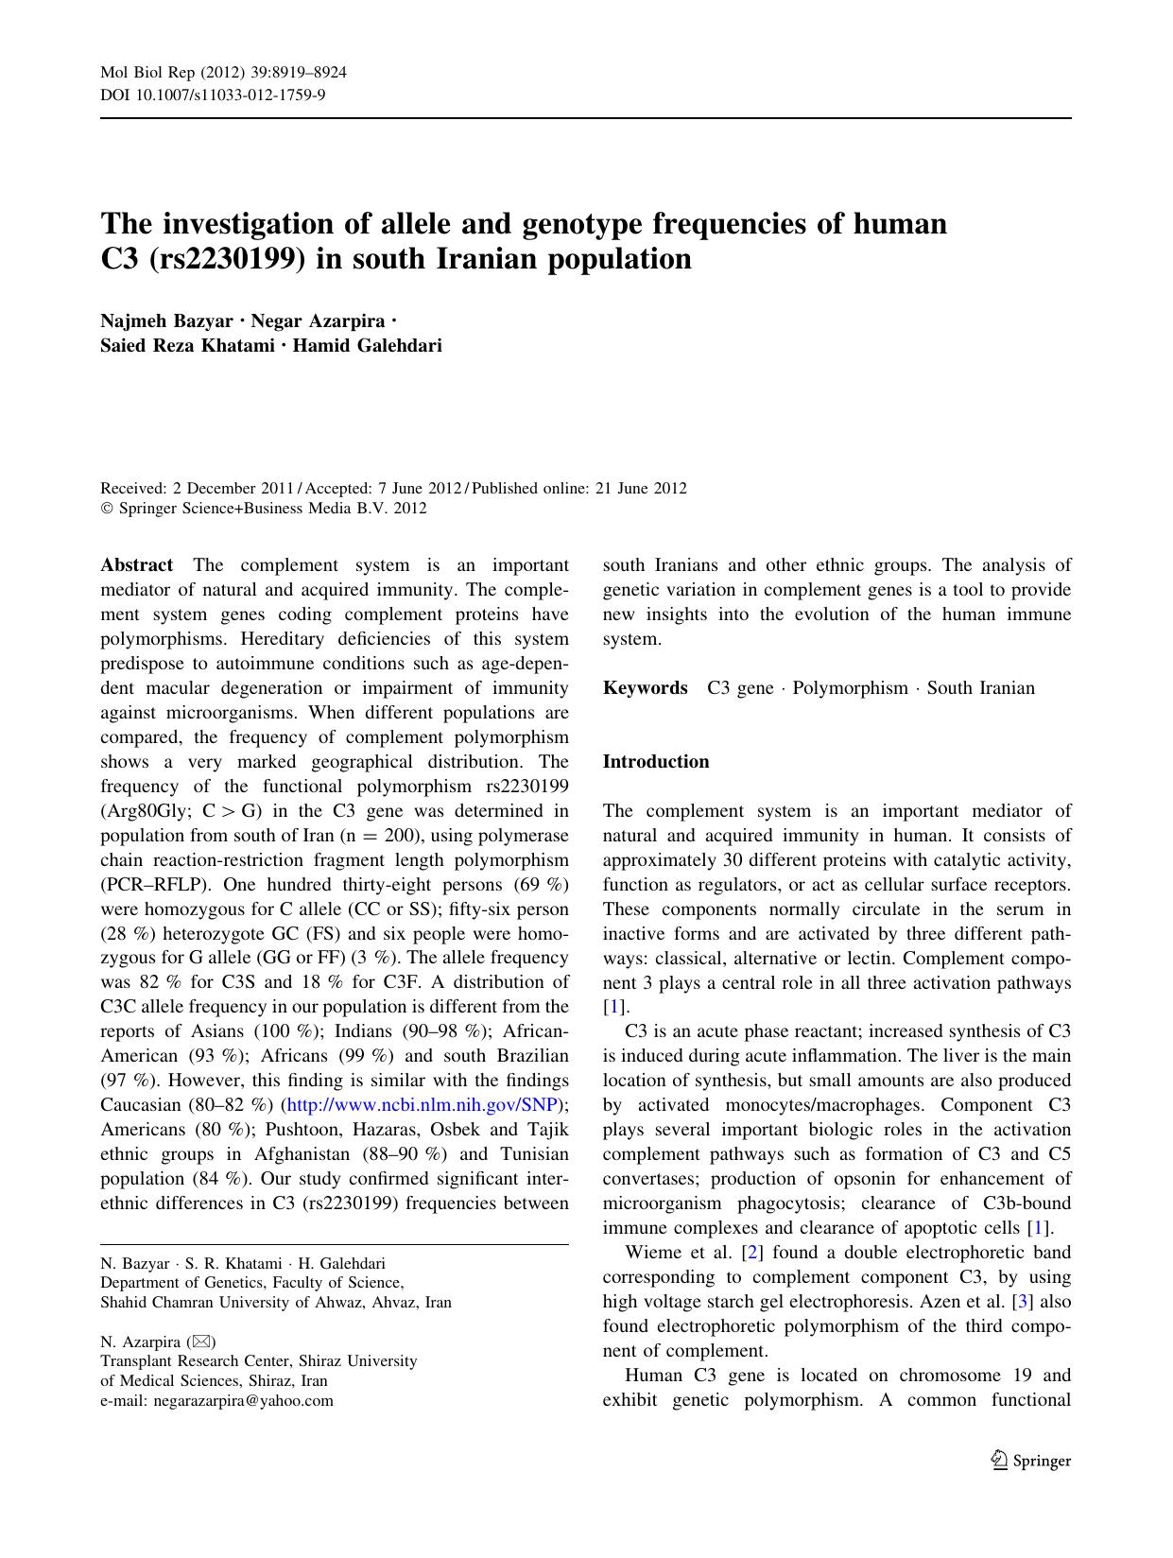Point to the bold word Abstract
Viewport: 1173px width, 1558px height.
(136, 565)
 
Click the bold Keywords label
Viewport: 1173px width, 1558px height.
(645, 688)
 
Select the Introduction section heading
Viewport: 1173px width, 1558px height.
(655, 762)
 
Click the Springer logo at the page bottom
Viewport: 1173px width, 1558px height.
(1030, 1461)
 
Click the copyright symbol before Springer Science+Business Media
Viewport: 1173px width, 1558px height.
(106, 509)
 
